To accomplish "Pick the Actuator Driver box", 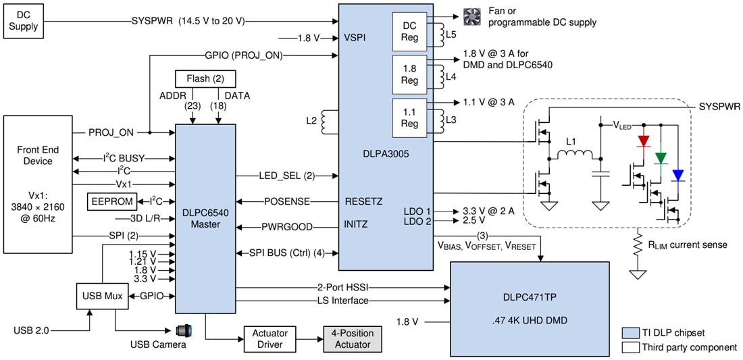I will click(270, 338).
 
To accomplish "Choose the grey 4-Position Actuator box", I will click(347, 338).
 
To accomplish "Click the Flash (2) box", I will click(205, 78).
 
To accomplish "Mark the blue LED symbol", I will click(677, 176).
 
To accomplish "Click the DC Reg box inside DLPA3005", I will click(409, 30).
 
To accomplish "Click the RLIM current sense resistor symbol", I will click(636, 245).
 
